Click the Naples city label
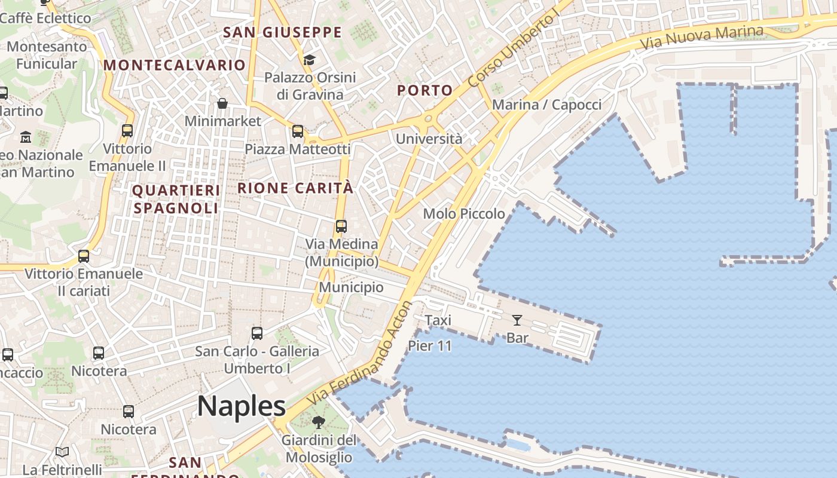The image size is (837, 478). [x=242, y=406]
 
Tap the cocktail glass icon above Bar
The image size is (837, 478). [x=517, y=320]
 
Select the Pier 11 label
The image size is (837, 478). [x=430, y=345]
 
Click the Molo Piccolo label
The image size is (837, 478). [x=464, y=213]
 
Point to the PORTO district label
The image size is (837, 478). [x=425, y=90]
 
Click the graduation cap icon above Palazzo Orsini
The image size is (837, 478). [x=309, y=60]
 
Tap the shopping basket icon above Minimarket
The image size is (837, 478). [x=222, y=103]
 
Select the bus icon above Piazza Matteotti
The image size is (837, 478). [x=298, y=131]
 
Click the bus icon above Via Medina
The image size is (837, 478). [x=341, y=226]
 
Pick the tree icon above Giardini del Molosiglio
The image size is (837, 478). [x=319, y=422]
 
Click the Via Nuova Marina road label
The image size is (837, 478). [x=702, y=38]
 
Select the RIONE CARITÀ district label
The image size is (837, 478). [x=295, y=188]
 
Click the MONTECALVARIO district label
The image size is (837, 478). [x=175, y=65]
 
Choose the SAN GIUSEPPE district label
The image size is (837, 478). [x=282, y=32]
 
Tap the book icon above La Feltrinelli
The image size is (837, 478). [x=62, y=452]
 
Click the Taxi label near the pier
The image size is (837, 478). [x=438, y=320]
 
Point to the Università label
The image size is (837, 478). [x=429, y=139]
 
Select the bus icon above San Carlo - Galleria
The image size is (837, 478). [x=257, y=333]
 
